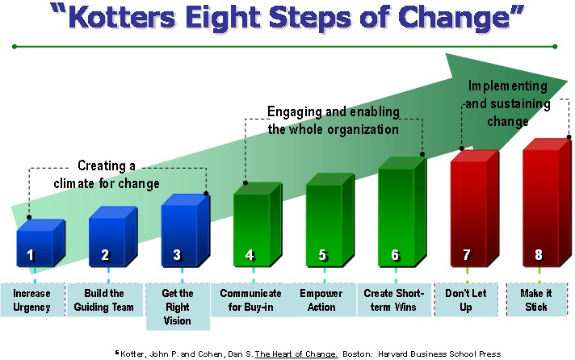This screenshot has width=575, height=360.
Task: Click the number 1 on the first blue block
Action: click(x=30, y=255)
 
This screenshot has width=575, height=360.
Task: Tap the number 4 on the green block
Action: click(x=250, y=255)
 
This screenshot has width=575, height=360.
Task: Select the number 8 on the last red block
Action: click(x=539, y=255)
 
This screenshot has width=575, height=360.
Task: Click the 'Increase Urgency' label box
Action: click(x=31, y=299)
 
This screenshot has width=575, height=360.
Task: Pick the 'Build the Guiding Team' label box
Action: click(x=104, y=299)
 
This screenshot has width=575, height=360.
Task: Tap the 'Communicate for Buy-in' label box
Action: click(x=250, y=299)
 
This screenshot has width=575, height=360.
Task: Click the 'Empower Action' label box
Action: click(x=321, y=299)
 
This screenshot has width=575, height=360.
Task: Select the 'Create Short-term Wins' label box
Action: click(x=394, y=299)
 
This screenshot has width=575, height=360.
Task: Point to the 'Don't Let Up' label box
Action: click(x=466, y=299)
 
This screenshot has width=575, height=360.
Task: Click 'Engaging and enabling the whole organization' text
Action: click(x=334, y=120)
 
